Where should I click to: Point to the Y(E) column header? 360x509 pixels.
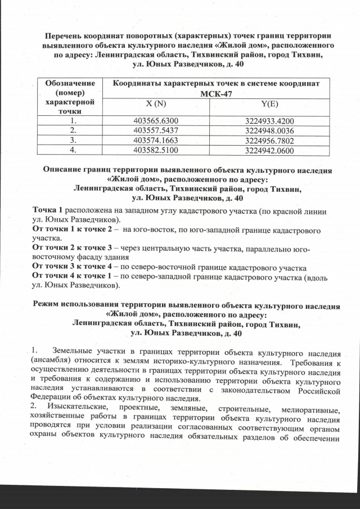pyautogui.click(x=269, y=105)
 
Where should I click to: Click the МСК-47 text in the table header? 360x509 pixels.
pyautogui.click(x=215, y=93)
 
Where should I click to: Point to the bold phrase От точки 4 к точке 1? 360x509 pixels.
pyautogui.click(x=73, y=277)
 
